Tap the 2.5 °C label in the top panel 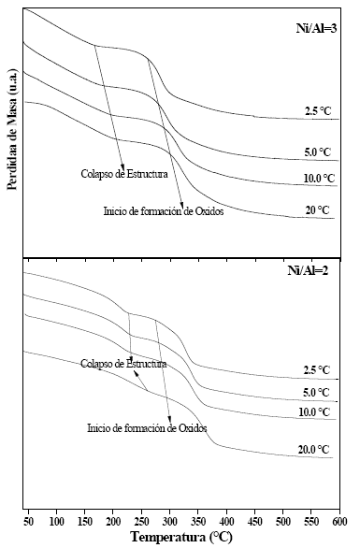(318, 110)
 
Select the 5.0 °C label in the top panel (318, 150)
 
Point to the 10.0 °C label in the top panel (318, 178)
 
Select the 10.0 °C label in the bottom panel (315, 411)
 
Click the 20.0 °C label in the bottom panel (314, 450)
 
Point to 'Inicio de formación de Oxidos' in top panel (163, 211)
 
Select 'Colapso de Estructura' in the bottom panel (123, 363)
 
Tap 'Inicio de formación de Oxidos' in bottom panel (146, 427)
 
